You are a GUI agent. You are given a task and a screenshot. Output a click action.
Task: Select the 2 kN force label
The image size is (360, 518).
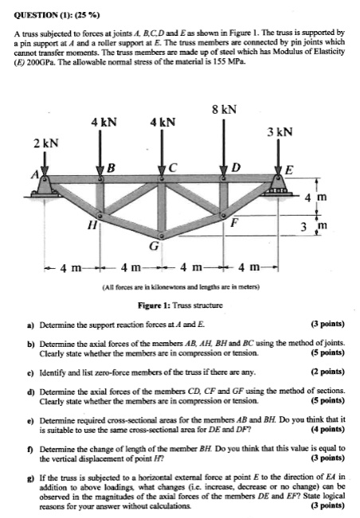click(45, 142)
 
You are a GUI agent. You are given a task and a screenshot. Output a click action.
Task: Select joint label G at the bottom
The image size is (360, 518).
click(155, 246)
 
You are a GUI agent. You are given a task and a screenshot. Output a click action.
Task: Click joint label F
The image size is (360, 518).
click(233, 224)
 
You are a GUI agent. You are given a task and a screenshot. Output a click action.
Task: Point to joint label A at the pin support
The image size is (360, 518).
click(34, 174)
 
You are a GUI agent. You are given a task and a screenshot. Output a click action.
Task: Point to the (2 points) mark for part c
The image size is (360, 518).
click(325, 372)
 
